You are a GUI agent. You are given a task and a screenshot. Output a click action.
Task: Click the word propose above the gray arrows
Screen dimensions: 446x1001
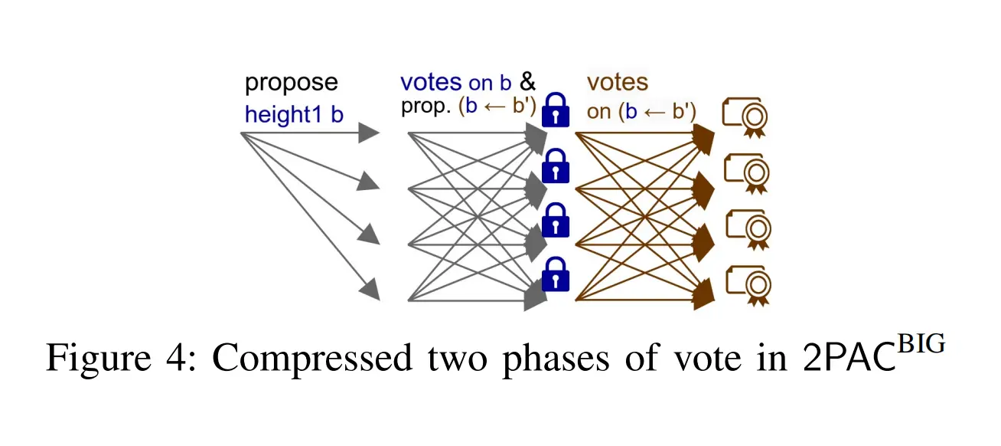(x=291, y=84)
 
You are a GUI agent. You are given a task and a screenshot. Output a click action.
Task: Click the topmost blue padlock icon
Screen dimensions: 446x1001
(x=556, y=110)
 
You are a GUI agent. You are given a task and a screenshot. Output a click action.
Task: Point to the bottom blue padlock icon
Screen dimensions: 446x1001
(x=556, y=274)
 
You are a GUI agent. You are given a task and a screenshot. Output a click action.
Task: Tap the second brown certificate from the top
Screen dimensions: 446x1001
(x=745, y=173)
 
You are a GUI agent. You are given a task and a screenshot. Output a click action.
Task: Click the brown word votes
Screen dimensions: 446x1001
(x=617, y=83)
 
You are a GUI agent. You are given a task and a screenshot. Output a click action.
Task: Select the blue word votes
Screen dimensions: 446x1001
(x=431, y=82)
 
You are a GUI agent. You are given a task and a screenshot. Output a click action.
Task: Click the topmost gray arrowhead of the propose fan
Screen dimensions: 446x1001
(x=370, y=133)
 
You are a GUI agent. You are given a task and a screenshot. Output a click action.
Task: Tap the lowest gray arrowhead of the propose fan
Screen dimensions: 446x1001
(x=370, y=290)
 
